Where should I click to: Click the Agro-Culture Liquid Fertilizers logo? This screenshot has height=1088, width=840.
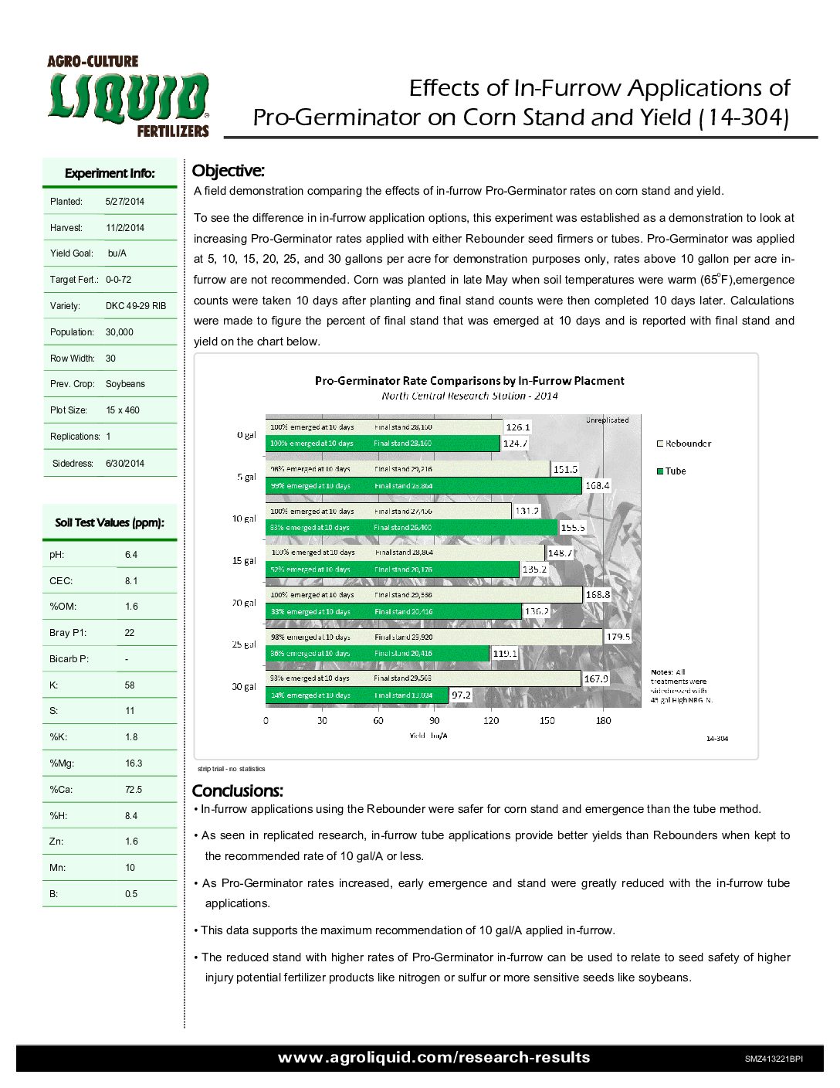tap(128, 97)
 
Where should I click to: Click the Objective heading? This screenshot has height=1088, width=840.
tap(228, 171)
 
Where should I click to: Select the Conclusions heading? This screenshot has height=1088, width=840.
tap(237, 790)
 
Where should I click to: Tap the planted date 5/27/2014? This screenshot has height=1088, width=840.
tap(125, 202)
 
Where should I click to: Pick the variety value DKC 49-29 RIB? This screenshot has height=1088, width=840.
tap(136, 306)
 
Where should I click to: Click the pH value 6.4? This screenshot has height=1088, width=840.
tap(131, 555)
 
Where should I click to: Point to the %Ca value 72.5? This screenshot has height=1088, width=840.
tap(134, 790)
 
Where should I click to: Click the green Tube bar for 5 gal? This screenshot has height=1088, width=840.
tap(423, 486)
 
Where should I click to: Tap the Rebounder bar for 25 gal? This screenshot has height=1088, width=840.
tap(433, 637)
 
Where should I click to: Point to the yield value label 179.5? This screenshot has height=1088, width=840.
tap(618, 637)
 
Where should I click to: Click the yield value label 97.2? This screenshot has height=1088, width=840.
tap(461, 695)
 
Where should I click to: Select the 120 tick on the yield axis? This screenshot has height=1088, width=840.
tap(491, 721)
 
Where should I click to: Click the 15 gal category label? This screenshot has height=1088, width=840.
tap(244, 561)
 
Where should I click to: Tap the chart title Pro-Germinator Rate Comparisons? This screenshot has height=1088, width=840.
tap(469, 381)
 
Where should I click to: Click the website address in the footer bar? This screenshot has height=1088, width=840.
tap(434, 1057)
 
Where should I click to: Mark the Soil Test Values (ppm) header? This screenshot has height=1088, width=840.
tap(110, 523)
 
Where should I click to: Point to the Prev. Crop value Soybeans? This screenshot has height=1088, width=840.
tap(125, 384)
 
